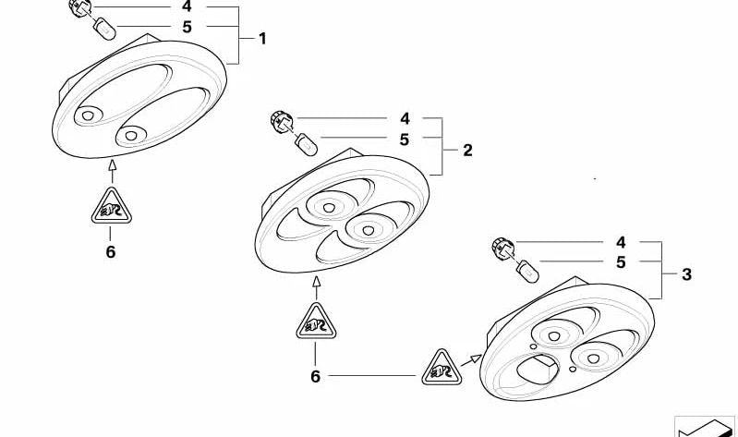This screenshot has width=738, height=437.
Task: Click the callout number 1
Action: (262, 39)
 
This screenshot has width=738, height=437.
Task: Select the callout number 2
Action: (467, 151)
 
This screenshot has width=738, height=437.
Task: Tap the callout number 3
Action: (686, 274)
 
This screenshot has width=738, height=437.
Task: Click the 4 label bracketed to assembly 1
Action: (187, 6)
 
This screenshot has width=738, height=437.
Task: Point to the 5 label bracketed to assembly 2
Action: (405, 140)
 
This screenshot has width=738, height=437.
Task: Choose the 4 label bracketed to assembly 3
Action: (621, 242)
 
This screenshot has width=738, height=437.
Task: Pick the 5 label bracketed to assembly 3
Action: (621, 262)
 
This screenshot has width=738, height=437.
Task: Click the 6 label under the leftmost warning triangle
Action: (110, 252)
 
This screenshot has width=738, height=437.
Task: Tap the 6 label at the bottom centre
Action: (315, 376)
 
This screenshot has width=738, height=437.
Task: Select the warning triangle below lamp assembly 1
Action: (112, 207)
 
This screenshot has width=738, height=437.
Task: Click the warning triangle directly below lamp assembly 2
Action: (316, 322)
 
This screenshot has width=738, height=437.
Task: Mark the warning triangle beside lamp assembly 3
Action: (442, 369)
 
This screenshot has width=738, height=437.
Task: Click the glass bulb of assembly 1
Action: (105, 30)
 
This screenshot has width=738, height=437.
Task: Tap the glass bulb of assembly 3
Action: (527, 272)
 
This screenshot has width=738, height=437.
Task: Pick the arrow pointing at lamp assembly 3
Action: (471, 360)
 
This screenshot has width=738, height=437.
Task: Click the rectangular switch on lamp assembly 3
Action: (537, 369)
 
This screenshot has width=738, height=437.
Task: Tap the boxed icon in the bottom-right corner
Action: (705, 427)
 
